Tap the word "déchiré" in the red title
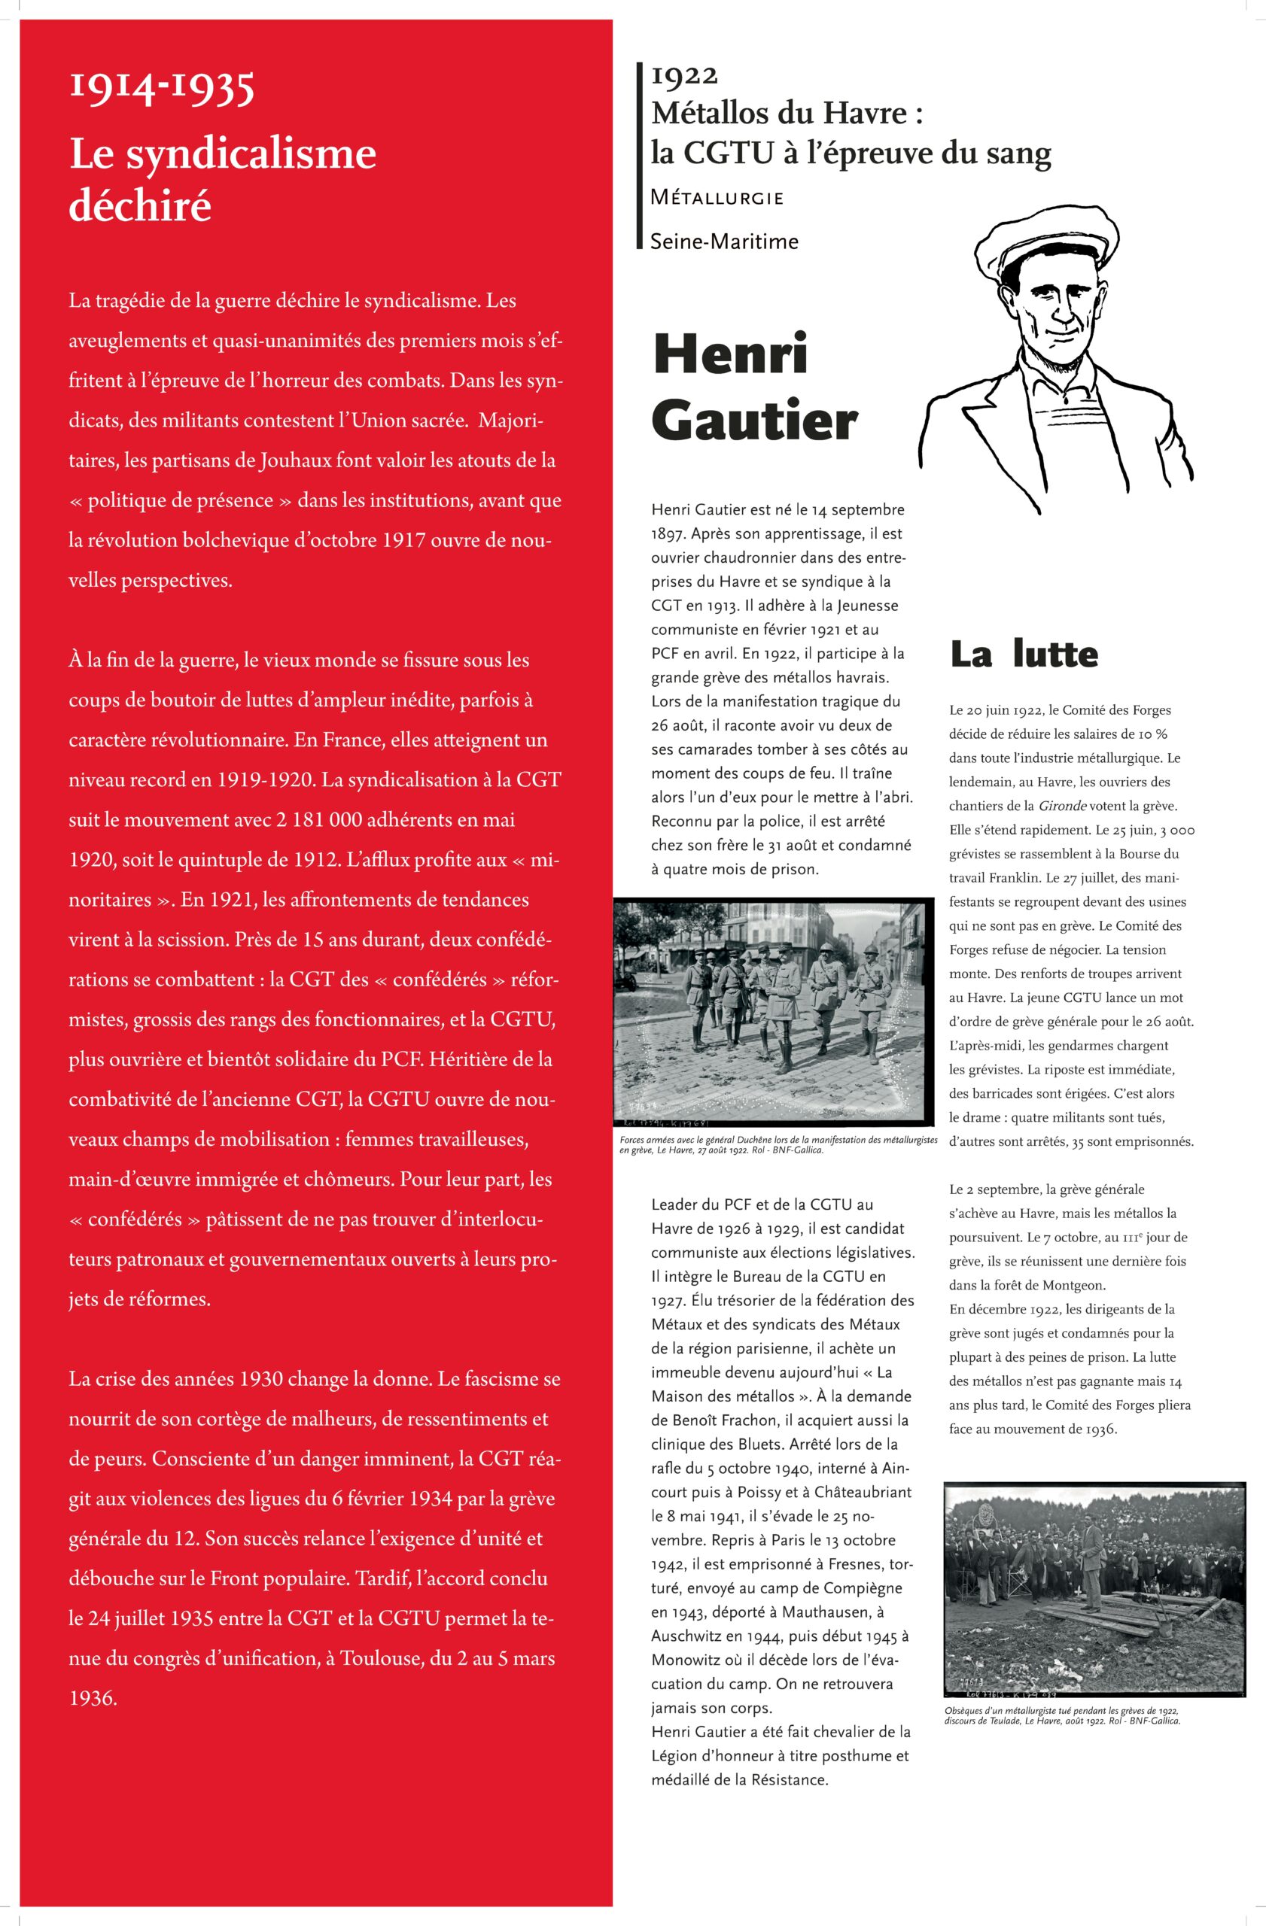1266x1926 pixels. click(140, 205)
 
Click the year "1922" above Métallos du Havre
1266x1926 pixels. click(684, 75)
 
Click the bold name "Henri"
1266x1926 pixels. click(730, 354)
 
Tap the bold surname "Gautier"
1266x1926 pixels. click(753, 421)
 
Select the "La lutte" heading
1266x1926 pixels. click(1024, 654)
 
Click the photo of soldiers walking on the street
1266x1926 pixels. click(775, 1013)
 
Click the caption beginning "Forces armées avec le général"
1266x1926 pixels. click(777, 1144)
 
